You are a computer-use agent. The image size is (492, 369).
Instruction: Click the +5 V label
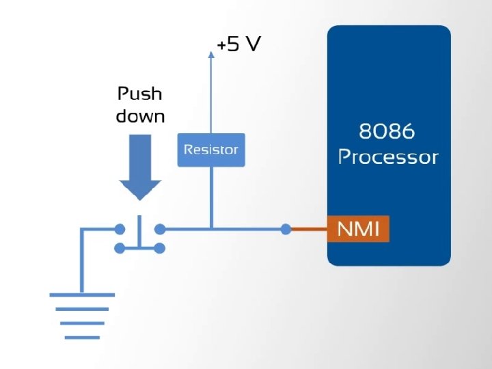238,44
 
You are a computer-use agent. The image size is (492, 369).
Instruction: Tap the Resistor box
211,150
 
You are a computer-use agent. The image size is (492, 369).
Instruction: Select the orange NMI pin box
358,229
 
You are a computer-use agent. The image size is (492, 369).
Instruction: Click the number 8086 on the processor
387,131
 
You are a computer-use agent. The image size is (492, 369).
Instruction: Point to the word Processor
388,156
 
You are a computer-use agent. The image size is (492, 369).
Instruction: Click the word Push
139,94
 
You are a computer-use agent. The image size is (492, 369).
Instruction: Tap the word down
140,115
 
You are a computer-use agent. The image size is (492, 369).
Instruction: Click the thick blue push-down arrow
140,167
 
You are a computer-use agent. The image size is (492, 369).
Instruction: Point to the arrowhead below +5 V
211,55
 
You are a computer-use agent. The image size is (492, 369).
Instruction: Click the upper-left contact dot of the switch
120,230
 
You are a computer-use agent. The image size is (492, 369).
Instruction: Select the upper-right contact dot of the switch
160,230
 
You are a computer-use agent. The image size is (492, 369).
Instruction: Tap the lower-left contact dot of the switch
120,248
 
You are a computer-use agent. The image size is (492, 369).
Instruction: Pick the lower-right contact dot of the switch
160,248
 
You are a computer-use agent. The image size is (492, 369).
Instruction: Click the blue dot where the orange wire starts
286,230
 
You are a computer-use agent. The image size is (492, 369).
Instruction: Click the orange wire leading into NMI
309,230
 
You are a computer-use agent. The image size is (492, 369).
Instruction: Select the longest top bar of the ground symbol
82,295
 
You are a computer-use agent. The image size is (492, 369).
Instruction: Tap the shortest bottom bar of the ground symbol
82,338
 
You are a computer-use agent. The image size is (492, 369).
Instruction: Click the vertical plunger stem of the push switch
139,232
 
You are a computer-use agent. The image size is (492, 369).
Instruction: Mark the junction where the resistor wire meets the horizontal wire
211,230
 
